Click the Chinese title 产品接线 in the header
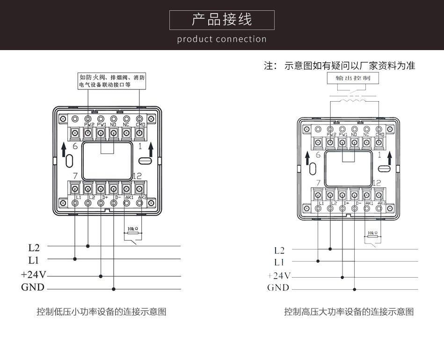coord(222,20)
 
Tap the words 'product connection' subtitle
coord(222,39)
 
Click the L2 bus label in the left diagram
coord(34,246)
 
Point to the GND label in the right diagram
coord(278,287)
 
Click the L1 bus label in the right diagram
coord(279,262)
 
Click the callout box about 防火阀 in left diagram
coord(112,81)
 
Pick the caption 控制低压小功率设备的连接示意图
coord(102,312)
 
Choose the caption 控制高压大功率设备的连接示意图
coord(349,312)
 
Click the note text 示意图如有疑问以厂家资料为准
coord(349,66)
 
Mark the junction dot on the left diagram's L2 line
coord(88,245)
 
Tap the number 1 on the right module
coord(379,154)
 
